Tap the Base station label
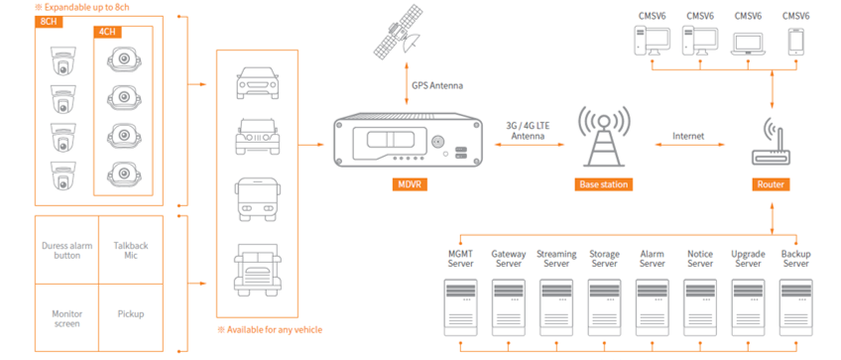coord(603,184)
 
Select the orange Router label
coord(771,184)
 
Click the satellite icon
coord(398,32)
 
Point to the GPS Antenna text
coord(437,85)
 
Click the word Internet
coord(688,136)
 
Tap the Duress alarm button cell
coord(67,251)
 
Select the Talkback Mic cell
coord(131,251)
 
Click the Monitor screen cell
coord(67,318)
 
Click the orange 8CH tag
coord(50,22)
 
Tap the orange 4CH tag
coord(108,32)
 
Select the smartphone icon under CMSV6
coord(795,42)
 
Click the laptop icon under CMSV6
coord(748,43)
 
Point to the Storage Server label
coord(605,259)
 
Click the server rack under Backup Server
coord(796,307)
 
